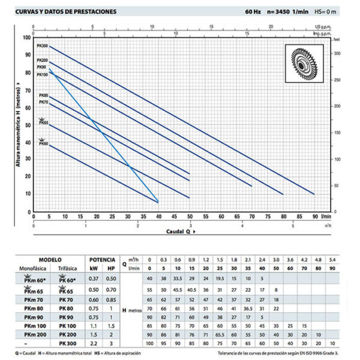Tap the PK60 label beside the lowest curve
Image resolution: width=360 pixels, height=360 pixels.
[x=43, y=144]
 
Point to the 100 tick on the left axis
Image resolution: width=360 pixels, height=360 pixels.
[x=26, y=37]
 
